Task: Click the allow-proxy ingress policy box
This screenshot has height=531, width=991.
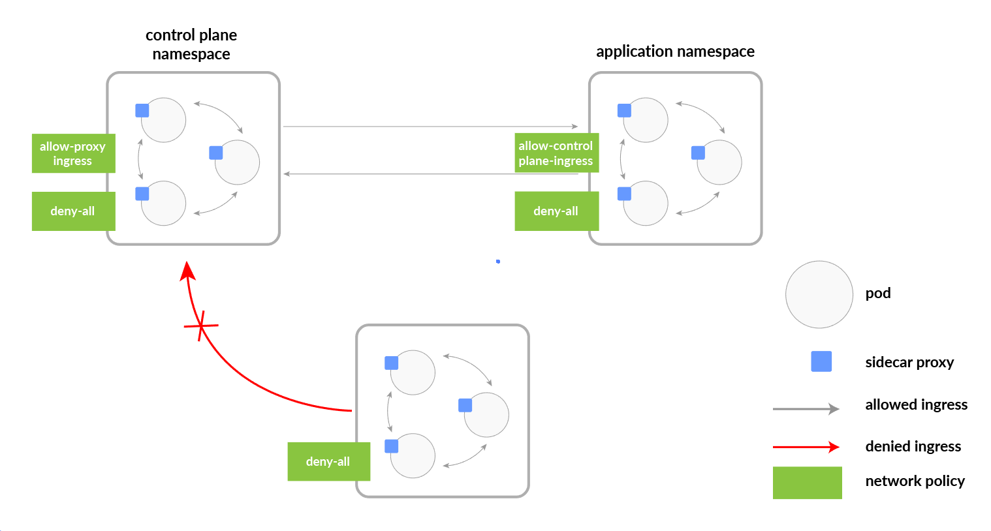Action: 73,153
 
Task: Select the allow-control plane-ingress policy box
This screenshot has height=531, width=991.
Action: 556,153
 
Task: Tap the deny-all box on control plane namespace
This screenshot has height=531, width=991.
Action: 73,211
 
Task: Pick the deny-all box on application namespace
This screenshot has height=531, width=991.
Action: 556,211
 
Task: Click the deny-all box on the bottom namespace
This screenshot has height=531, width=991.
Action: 328,461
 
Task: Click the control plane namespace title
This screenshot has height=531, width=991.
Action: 191,44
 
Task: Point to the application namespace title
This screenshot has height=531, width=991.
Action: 675,52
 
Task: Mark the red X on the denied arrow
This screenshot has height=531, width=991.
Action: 200,325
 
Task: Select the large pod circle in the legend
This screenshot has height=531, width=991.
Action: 819,294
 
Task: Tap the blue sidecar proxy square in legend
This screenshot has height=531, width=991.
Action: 821,361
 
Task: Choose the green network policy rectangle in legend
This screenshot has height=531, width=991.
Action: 807,483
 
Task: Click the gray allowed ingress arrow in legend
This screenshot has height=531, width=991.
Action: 806,409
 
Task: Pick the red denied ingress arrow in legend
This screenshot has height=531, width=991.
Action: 806,447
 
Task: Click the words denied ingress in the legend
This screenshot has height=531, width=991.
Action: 913,446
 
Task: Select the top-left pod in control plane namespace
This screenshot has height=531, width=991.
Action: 165,120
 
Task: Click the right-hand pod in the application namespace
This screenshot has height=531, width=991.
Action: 719,162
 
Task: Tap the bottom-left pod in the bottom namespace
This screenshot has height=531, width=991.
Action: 413,456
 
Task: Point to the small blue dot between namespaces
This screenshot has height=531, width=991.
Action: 498,261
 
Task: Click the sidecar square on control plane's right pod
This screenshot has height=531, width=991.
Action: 216,153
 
